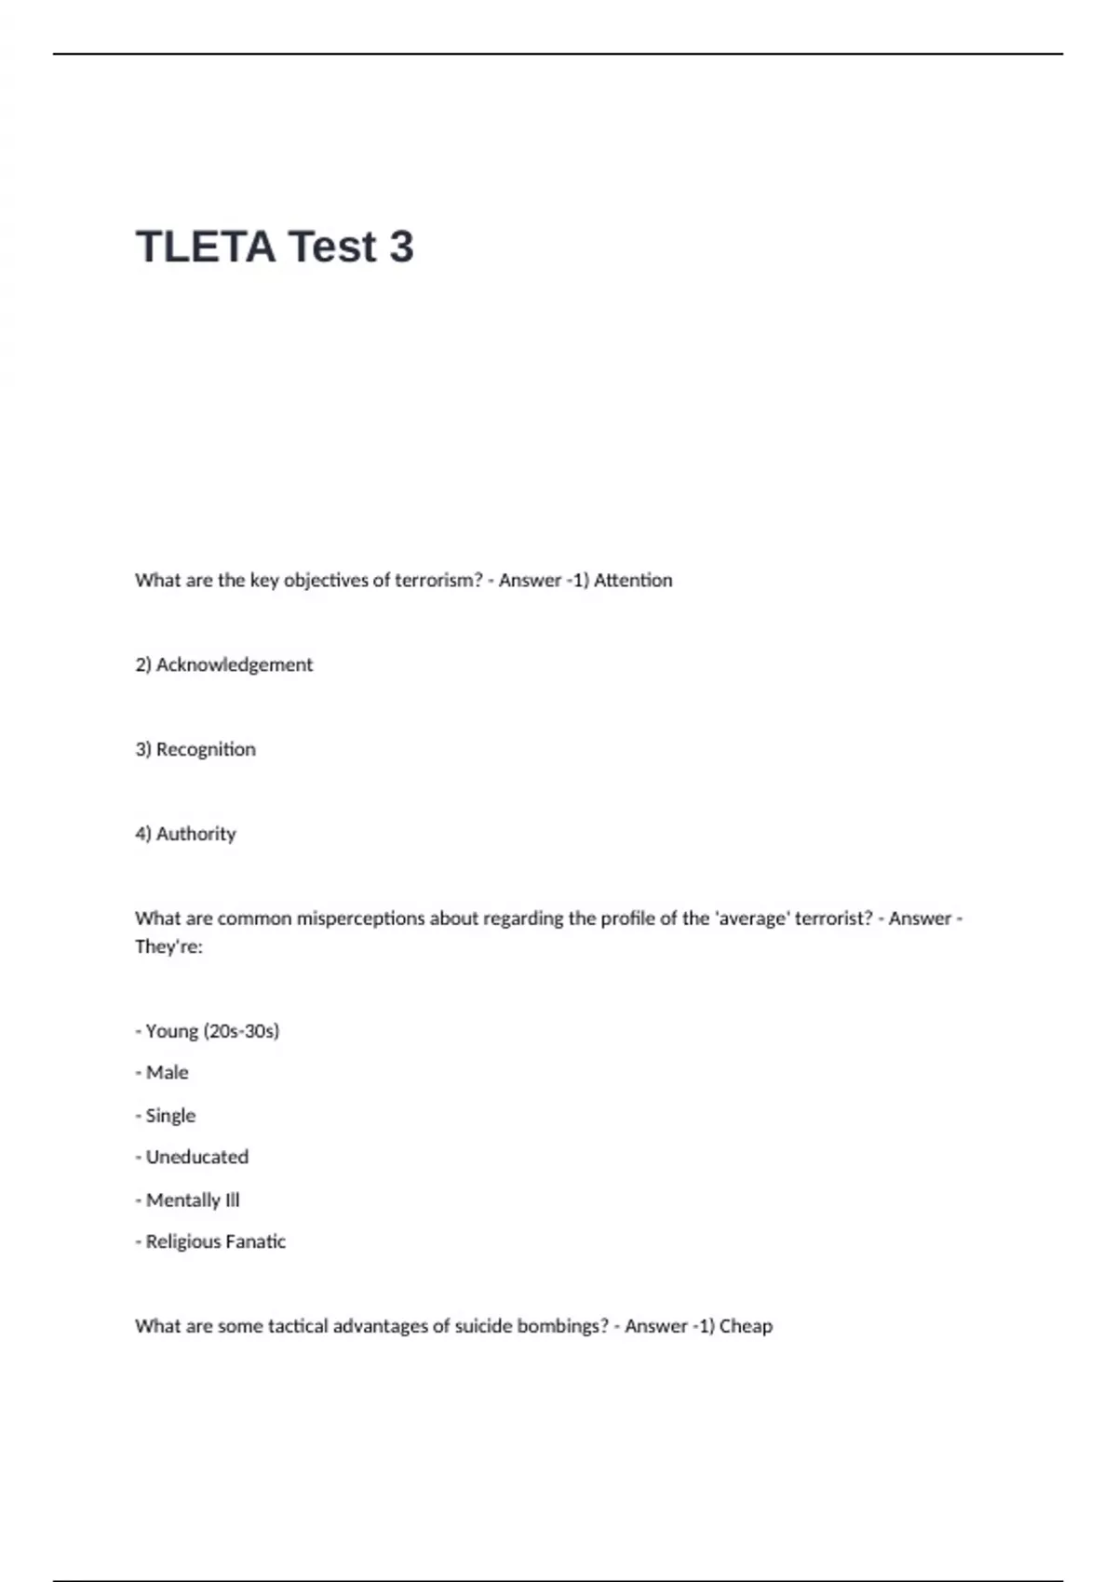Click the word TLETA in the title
coord(206,247)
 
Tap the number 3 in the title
coord(401,247)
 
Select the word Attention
coord(633,580)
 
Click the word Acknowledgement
coord(235,664)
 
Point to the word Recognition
coord(206,749)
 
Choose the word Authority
coord(196,834)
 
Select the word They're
coord(168,947)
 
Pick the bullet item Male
coord(167,1073)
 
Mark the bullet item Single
coord(170,1115)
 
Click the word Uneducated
coord(197,1157)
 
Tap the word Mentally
coord(182,1200)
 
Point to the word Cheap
coord(746,1326)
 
